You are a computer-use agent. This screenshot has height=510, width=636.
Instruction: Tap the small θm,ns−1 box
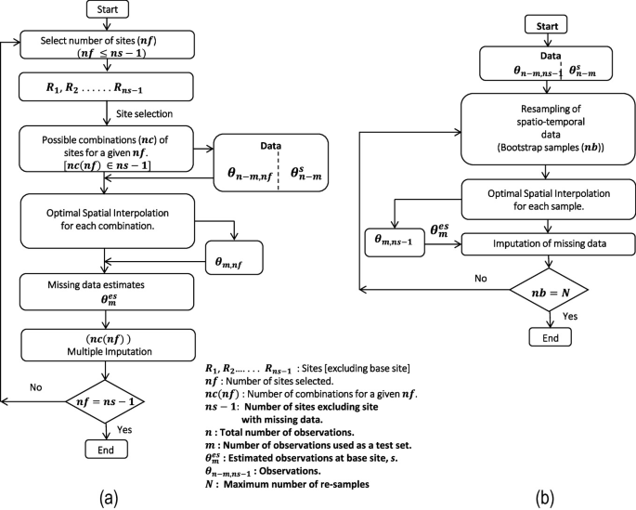point(400,241)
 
